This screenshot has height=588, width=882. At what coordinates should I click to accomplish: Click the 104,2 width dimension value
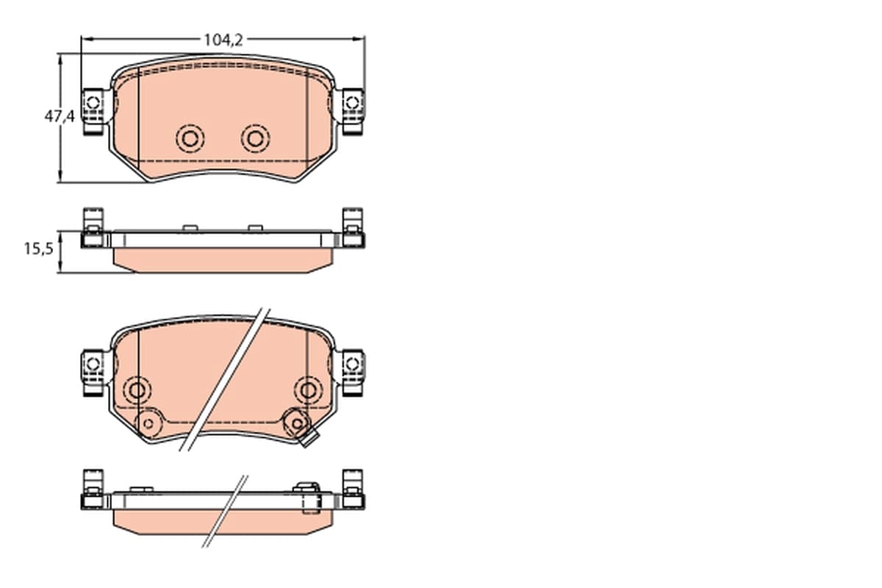[223, 40]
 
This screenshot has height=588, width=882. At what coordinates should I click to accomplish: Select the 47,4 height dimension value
[60, 116]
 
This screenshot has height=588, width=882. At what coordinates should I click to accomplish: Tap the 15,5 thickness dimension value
[38, 248]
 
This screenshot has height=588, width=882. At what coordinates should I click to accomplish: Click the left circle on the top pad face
[190, 139]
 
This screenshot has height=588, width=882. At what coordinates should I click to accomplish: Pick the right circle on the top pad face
[256, 139]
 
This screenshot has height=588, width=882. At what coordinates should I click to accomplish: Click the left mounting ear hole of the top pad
[93, 103]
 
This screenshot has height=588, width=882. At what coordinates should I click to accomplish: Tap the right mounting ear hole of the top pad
[352, 103]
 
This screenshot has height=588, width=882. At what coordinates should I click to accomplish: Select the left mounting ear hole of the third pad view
[93, 364]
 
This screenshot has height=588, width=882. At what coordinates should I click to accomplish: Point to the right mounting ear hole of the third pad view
[352, 364]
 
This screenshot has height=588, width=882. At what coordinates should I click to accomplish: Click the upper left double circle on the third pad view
[137, 390]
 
